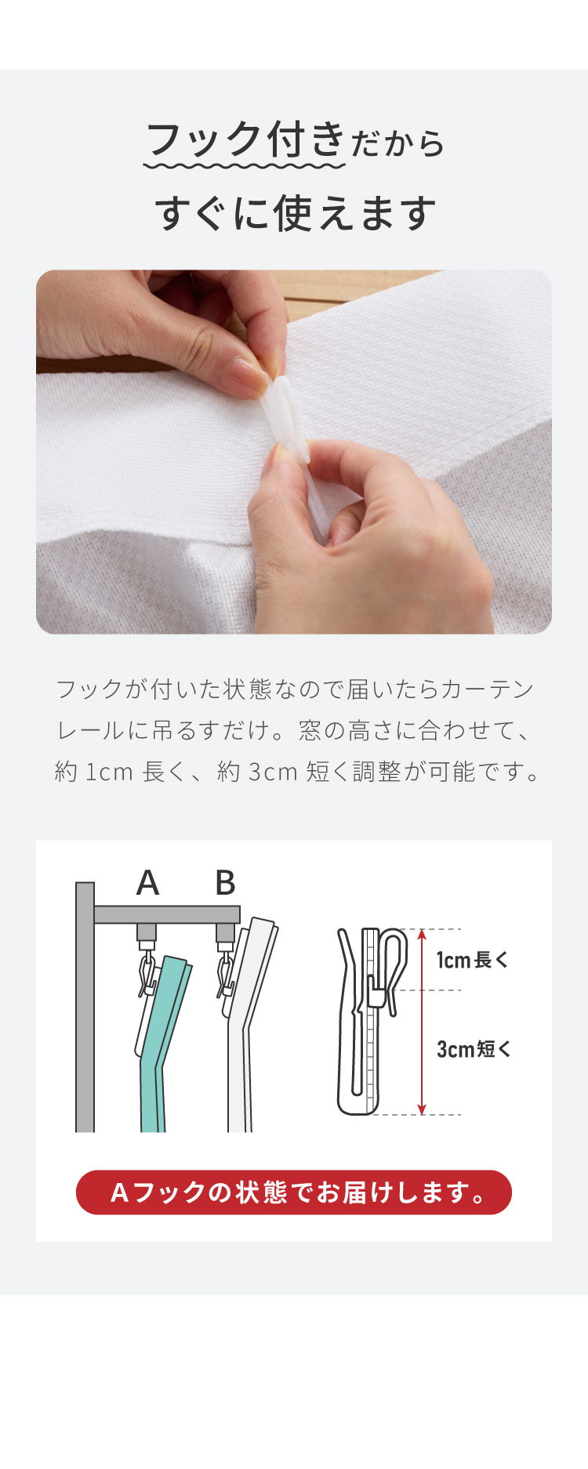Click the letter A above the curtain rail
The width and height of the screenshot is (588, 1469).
pos(147,883)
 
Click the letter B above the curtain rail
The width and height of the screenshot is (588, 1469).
pos(225,883)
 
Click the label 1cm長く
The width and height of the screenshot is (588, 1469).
pos(473,960)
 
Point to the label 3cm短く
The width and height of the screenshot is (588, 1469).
pos(474,1049)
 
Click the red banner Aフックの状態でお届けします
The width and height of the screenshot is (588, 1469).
pos(294,1192)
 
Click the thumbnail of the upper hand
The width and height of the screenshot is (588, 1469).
pos(244,377)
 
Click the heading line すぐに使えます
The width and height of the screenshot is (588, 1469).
pos(295,212)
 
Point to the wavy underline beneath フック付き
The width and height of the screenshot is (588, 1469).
pos(245,166)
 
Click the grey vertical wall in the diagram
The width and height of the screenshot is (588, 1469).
pos(85,1007)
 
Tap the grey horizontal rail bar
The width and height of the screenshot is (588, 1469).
pos(167,914)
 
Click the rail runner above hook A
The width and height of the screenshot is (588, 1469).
pos(147,933)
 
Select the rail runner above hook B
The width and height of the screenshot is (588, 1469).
pos(225,933)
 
